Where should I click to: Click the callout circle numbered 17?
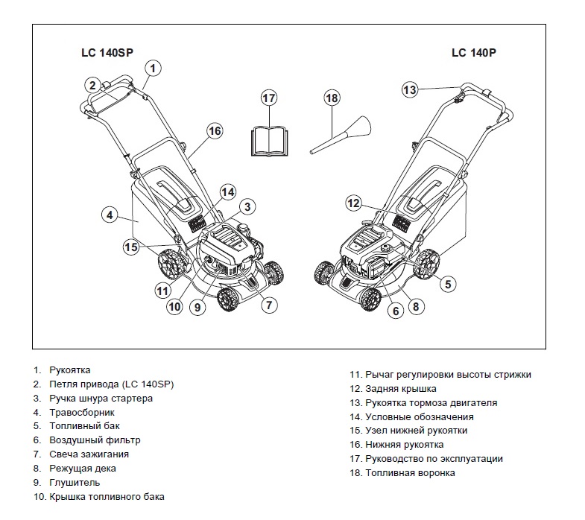coord(269,98)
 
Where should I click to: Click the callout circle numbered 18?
coord(332,98)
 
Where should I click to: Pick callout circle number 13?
coord(410,89)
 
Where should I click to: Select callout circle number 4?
coord(110,215)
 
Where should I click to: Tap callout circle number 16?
coord(215,131)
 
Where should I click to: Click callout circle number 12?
coord(355,203)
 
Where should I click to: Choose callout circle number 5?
coord(447,283)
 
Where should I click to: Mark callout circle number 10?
coord(174,305)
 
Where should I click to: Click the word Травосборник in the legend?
coord(82,412)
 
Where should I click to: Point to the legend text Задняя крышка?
coord(401,389)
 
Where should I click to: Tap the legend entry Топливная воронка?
coord(410,473)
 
